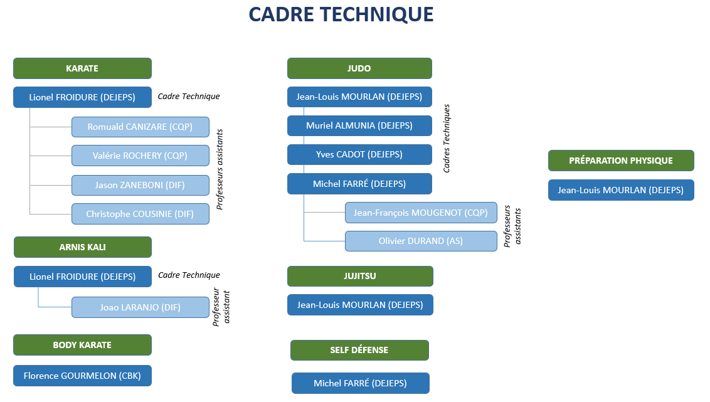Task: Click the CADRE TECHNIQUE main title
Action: point(341,14)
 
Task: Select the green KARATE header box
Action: point(82,68)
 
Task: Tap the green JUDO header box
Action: point(359,68)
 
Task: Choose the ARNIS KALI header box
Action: point(82,247)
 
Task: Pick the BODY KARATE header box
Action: point(82,345)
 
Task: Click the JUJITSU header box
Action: point(360,276)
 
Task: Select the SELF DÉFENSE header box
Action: point(359,351)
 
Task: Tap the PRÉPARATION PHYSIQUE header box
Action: point(621,161)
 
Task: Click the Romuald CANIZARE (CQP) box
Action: point(140,127)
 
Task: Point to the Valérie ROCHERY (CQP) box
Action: point(140,156)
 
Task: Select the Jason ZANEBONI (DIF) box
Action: point(140,185)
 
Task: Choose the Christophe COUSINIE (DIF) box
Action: point(140,214)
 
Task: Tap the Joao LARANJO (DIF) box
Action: point(140,307)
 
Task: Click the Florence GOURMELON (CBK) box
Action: point(82,376)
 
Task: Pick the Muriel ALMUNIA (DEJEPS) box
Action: point(359,126)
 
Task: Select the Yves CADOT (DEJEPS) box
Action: point(359,155)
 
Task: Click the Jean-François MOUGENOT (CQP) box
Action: point(421,213)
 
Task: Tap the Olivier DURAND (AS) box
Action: point(421,241)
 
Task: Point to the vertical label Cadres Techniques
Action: point(447,139)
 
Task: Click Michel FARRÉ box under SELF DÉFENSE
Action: point(361,383)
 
